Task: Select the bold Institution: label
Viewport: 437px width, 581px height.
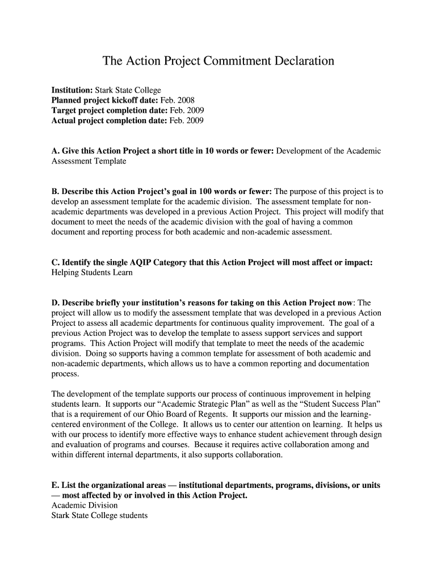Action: click(72, 90)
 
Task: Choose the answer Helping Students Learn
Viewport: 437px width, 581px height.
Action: click(92, 273)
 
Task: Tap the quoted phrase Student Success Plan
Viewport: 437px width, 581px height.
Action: click(337, 404)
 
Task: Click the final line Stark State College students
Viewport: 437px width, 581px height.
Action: click(99, 516)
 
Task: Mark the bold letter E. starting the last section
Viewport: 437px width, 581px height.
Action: click(55, 486)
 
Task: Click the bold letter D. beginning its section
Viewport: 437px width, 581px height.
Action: click(56, 304)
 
